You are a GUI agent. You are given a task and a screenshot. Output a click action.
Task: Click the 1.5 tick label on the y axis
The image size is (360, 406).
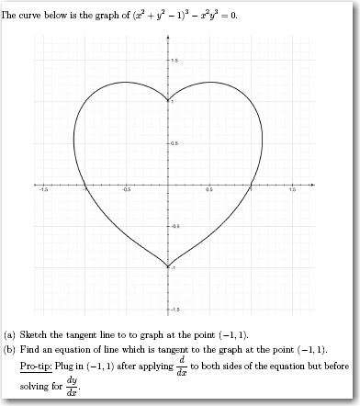(x=174, y=60)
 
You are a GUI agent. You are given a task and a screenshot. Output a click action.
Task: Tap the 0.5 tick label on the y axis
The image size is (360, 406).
(x=174, y=142)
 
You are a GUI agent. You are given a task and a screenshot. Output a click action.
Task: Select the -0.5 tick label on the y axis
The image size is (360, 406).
(x=174, y=225)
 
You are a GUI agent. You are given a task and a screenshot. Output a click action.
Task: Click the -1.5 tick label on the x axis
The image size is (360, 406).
(x=42, y=190)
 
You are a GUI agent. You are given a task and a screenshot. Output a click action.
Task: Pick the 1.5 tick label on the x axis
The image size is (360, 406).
(x=292, y=190)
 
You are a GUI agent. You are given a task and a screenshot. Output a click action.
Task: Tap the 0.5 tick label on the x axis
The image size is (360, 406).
(x=209, y=190)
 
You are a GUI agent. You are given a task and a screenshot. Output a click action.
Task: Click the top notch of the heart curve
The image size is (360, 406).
(x=168, y=102)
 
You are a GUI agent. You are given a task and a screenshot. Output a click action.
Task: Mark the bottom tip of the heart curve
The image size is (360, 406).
(x=168, y=266)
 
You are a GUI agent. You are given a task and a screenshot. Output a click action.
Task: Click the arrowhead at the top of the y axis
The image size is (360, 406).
(x=168, y=36)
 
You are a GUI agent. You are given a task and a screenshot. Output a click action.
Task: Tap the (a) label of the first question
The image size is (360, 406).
(x=10, y=334)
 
